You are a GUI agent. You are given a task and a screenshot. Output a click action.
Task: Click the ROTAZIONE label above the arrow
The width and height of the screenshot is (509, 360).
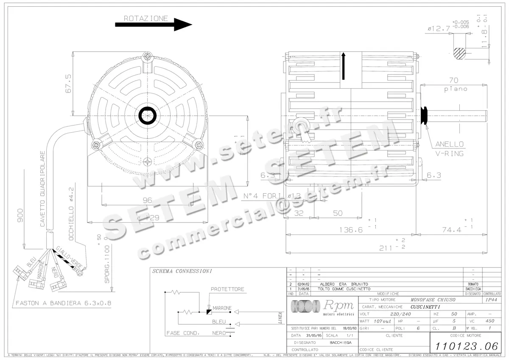pos(146,19)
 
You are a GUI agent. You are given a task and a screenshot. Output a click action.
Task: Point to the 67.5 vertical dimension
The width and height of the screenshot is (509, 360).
pos(68,83)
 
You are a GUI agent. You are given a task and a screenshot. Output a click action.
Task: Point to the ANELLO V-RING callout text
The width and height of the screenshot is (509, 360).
pos(449,149)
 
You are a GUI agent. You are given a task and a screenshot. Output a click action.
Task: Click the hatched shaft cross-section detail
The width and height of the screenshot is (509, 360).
pos(459,53)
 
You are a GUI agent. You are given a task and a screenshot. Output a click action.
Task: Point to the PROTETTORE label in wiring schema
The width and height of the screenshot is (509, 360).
pos(227,289)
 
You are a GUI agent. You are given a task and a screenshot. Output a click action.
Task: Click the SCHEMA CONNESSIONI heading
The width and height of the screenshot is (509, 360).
pos(182,271)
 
